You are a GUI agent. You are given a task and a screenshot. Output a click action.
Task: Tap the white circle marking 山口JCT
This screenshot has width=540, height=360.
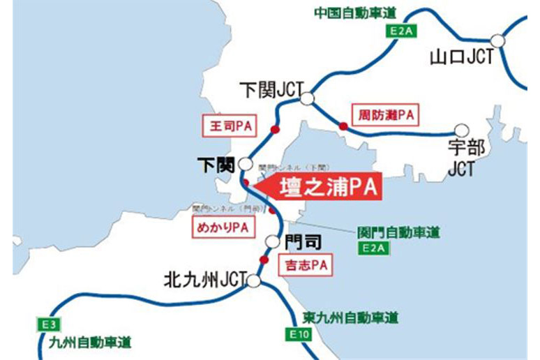pyautogui.click(x=497, y=41)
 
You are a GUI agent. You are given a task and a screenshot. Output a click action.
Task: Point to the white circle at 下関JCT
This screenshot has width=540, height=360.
pyautogui.click(x=306, y=99)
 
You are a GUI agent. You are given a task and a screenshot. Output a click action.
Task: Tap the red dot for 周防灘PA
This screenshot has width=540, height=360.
pyautogui.click(x=343, y=126)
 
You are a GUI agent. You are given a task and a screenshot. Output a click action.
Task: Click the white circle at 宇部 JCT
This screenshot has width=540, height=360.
pyautogui.click(x=460, y=130)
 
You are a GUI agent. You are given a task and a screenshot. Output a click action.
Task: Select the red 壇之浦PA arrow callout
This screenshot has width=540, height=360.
pyautogui.click(x=321, y=188)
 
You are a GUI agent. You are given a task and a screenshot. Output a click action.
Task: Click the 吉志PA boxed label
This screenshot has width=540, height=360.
pyautogui.click(x=305, y=265)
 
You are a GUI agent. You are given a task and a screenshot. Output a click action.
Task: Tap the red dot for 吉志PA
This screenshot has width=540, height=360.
pyautogui.click(x=264, y=260)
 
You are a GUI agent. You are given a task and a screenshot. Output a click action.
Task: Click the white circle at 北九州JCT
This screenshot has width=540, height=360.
pyautogui.click(x=253, y=280)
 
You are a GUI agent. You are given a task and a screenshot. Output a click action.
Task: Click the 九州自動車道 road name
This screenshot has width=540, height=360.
pyautogui.click(x=91, y=343)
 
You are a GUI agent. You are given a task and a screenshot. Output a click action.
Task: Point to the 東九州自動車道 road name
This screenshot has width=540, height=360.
pyautogui.click(x=351, y=317)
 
